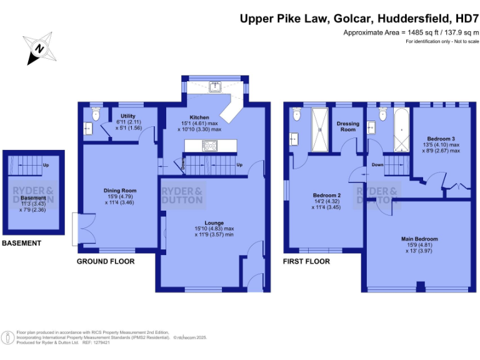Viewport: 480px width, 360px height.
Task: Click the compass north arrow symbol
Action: click(x=40, y=48)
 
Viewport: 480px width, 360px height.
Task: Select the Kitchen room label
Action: click(x=200, y=117)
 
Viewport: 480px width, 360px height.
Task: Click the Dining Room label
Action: click(x=121, y=191)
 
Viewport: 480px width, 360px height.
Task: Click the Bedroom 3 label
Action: click(x=441, y=138)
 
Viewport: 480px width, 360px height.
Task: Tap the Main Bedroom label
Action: click(x=419, y=239)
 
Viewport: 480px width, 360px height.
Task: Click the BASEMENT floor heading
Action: click(x=21, y=243)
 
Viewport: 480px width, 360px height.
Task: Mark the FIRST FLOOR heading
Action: click(x=306, y=261)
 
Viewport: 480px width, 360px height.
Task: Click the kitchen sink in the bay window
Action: click(x=214, y=87)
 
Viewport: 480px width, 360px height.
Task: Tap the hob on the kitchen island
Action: click(x=209, y=146)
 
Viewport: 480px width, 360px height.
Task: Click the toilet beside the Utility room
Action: click(x=95, y=114)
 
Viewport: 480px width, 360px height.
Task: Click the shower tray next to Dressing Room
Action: click(x=320, y=129)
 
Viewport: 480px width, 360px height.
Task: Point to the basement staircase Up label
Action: click(x=46, y=166)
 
